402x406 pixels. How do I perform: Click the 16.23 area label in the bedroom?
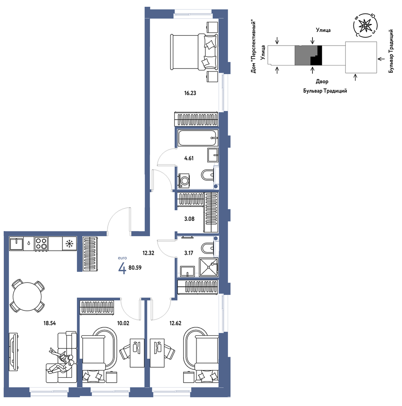coord(190,93)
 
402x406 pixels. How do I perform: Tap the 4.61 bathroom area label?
coord(189,158)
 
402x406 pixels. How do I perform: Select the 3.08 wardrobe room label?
coord(189,219)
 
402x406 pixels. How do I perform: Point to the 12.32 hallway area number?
coord(148,253)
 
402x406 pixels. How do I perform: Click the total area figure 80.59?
coord(135,268)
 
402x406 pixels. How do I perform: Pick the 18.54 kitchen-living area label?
coord(49,323)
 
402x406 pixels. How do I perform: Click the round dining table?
coord(27,296)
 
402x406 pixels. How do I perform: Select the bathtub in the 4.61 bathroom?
coord(198,138)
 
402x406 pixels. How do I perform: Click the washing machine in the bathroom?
coord(184,181)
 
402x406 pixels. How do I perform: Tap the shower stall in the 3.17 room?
coord(209,267)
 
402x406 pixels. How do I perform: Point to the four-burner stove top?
coord(41,244)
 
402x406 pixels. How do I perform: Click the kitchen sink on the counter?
coord(17,244)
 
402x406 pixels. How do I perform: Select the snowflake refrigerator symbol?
coord(69,244)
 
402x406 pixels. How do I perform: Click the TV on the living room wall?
coord(13,353)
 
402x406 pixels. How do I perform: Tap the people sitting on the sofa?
coord(62,361)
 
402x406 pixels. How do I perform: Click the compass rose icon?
coord(365,25)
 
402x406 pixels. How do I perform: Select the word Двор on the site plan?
coord(322,82)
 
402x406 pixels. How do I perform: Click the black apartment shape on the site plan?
coord(317,55)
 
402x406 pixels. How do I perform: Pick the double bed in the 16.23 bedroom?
coord(194,52)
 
